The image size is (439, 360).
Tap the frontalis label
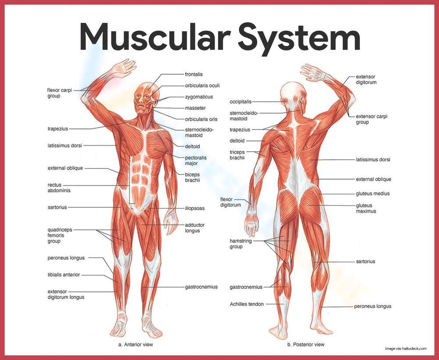(194, 75)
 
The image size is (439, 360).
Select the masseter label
(195, 108)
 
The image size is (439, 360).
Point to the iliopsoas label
(194, 208)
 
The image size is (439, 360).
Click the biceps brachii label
(192, 177)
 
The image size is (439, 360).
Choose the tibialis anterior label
(64, 275)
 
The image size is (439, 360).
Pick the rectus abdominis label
(59, 187)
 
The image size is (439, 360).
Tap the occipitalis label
(240, 102)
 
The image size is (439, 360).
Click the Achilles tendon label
(247, 304)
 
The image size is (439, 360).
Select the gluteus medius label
(373, 194)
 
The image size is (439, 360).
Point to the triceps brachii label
(237, 155)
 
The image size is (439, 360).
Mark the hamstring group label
(239, 244)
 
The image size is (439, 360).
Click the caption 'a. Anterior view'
(136, 345)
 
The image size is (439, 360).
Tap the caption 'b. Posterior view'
(306, 345)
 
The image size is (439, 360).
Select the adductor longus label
(194, 228)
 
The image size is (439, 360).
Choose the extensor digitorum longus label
(66, 294)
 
